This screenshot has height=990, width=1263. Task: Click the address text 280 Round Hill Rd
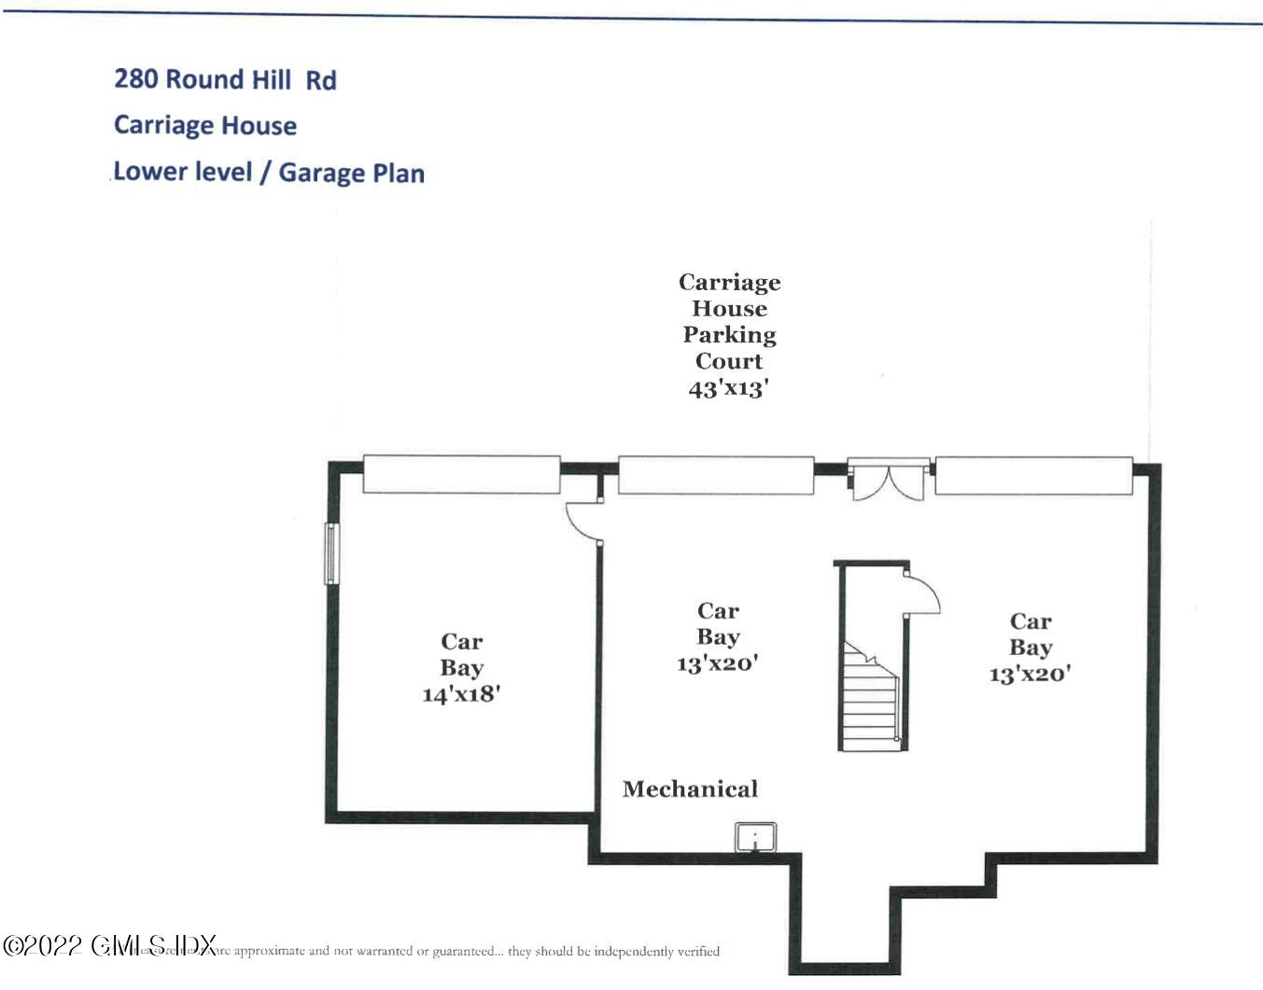click(225, 79)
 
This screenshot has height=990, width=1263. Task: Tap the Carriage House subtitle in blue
click(205, 125)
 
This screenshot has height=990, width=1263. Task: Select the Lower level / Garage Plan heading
click(269, 173)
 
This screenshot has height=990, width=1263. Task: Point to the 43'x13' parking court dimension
click(728, 388)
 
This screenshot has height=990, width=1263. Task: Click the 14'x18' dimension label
click(461, 694)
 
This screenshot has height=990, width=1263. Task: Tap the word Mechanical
click(690, 789)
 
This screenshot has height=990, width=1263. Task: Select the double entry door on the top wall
click(888, 480)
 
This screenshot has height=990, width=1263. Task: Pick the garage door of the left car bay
click(461, 474)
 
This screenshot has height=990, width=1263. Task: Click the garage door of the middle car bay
click(716, 475)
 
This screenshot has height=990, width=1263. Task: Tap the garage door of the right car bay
click(1033, 476)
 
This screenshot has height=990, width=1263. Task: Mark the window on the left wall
click(331, 553)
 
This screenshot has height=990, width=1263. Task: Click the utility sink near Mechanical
click(755, 837)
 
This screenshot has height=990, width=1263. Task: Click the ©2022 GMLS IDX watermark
click(110, 945)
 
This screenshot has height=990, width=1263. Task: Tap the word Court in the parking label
click(728, 361)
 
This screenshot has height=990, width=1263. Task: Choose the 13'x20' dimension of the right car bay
click(1030, 674)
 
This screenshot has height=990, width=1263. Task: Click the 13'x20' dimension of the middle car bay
click(717, 663)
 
